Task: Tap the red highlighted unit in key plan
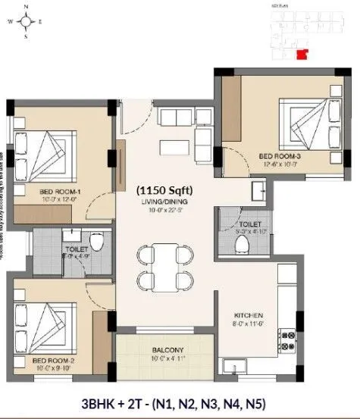303,53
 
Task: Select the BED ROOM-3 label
281,156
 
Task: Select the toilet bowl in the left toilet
96,242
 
